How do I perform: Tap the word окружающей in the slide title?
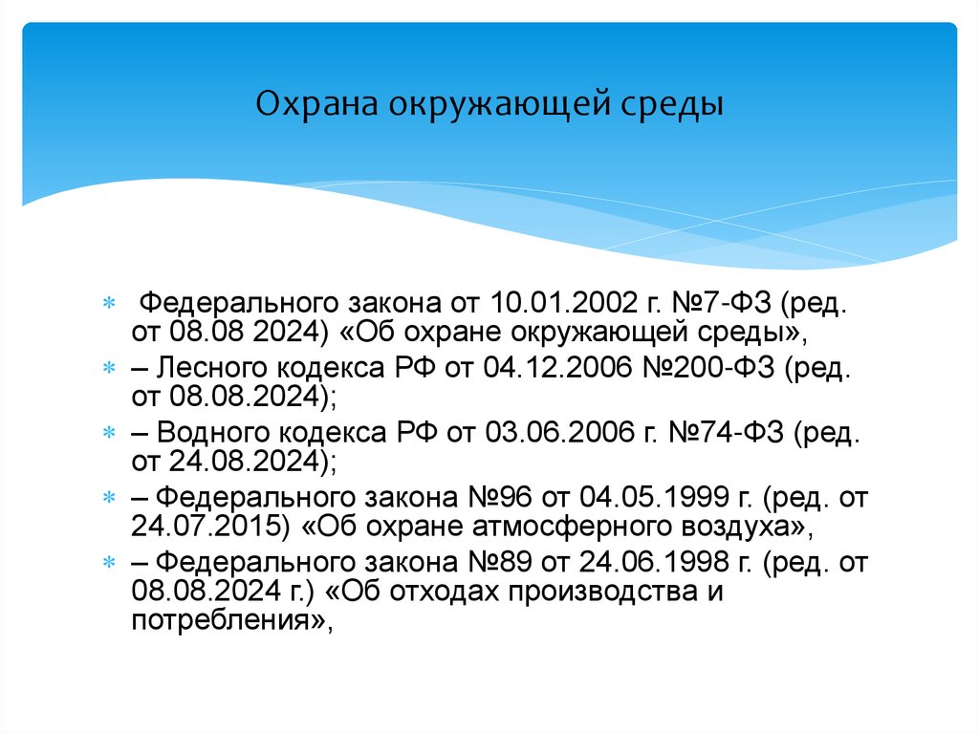(x=497, y=103)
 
